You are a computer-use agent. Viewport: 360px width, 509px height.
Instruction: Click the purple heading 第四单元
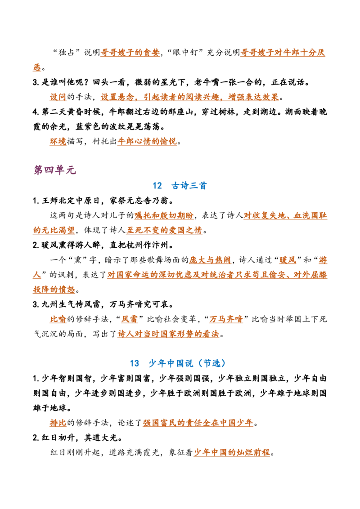pos(54,170)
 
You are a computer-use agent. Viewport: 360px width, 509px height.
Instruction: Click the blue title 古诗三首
pos(189,186)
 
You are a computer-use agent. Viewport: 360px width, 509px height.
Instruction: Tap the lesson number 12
pos(157,186)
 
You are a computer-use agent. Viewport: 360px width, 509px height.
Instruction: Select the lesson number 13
pos(135,363)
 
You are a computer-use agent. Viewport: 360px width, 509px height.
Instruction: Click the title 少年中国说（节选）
pos(187,363)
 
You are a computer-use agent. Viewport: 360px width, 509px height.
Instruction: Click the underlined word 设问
pos(58,97)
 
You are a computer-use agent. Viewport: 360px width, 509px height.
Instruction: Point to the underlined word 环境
pos(58,141)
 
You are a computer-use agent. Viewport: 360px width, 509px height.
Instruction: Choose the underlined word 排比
pos(58,423)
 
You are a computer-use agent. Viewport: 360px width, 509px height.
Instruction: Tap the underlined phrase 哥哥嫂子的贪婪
pos(130,53)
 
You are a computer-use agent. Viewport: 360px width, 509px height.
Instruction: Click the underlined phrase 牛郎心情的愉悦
pos(147,141)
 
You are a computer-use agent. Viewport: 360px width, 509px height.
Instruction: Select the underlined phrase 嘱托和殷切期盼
pos(164,215)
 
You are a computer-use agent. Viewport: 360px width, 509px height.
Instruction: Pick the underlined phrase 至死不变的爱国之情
pos(164,230)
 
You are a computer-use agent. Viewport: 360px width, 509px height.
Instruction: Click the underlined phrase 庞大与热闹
pos(210,260)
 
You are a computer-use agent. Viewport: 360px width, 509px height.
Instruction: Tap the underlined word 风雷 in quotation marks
pos(130,319)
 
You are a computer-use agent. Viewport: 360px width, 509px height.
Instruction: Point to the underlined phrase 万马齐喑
pos(226,319)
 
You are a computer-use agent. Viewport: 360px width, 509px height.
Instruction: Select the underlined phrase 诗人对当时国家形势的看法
pos(168,334)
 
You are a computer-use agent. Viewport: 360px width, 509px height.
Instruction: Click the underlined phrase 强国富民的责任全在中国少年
pos(198,423)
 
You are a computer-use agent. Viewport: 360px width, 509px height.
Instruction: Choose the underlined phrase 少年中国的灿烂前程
pos(232,452)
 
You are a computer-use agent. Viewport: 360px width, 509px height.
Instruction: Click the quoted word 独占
pos(67,53)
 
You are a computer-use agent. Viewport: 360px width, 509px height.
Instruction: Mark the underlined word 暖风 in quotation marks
pos(288,260)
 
